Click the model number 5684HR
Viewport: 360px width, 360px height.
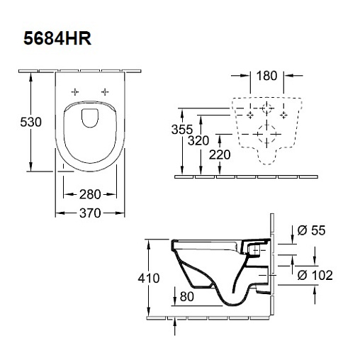(x=57, y=38)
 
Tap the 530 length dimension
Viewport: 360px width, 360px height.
(x=30, y=122)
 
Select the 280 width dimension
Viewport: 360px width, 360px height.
(x=90, y=194)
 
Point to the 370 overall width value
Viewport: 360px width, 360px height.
(x=90, y=213)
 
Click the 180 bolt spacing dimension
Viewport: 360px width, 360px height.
(x=266, y=76)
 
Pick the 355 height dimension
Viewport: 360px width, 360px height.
(x=182, y=130)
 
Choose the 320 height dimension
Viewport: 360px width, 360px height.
(x=198, y=141)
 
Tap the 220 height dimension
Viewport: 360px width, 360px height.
(x=220, y=155)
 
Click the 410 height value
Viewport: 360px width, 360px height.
(x=149, y=278)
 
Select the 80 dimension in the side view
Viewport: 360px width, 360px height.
(x=187, y=296)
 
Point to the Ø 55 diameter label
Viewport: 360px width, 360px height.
(x=311, y=230)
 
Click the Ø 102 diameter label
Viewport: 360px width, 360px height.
(x=315, y=275)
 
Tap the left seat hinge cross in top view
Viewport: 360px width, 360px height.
(x=75, y=91)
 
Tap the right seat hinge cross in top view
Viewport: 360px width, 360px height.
(x=105, y=91)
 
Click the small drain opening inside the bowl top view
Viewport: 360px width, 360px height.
(x=90, y=118)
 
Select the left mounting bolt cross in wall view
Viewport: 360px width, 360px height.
(x=250, y=115)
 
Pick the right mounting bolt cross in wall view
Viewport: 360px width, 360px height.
(x=283, y=115)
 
